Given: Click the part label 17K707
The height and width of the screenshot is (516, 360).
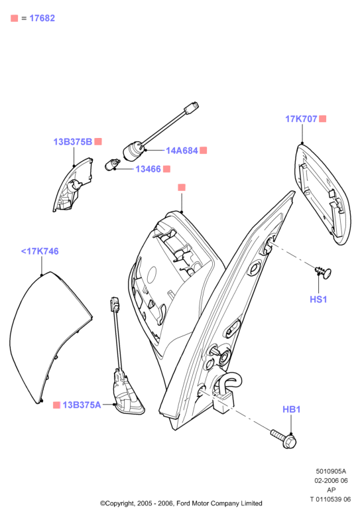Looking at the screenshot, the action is coord(301,119).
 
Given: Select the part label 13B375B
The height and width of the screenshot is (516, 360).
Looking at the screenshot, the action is coord(73,142).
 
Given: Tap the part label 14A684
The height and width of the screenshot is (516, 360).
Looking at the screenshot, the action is coord(182,151).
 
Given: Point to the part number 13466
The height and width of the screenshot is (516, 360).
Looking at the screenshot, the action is coord(148,169).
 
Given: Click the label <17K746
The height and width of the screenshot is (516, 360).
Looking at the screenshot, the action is coord(40,251).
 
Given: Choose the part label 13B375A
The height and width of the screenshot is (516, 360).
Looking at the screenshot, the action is coord(82,405).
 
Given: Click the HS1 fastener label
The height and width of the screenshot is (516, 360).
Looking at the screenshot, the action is coord(318,300).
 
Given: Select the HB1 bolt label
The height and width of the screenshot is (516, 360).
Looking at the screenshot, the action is coord(291,409).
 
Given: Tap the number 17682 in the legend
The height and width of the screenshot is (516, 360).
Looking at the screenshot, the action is coord(42,18).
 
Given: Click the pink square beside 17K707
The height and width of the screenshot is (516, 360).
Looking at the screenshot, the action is coord(323,119).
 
